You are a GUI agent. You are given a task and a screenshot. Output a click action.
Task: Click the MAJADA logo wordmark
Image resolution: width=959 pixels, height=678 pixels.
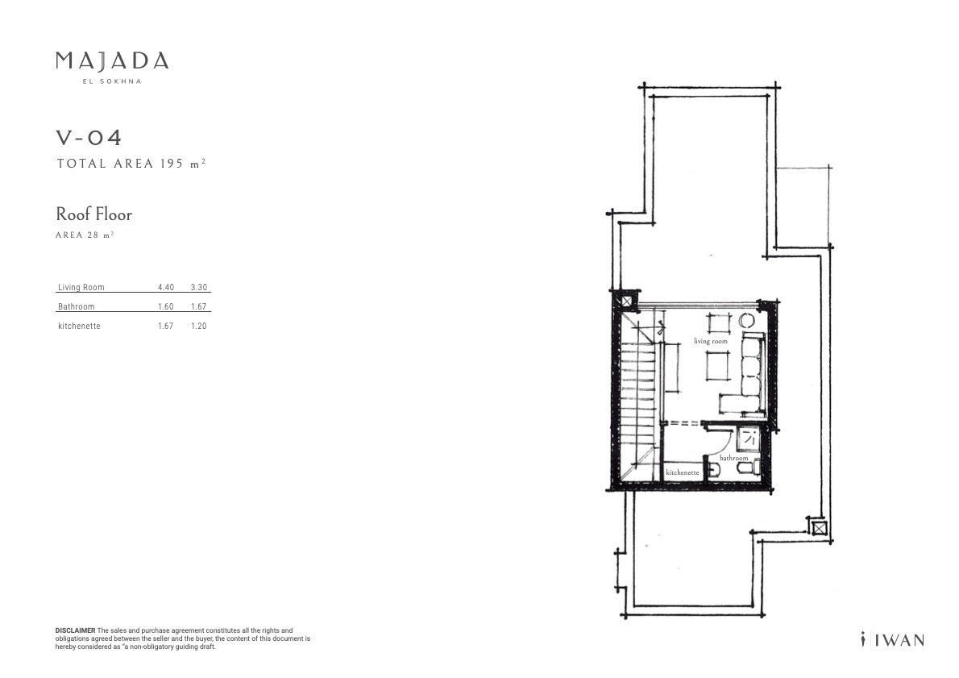click(x=112, y=60)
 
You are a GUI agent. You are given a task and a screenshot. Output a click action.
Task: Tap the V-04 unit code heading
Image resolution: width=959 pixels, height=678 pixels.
click(x=89, y=137)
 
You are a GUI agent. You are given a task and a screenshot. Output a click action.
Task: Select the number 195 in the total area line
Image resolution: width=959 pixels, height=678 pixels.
click(x=172, y=164)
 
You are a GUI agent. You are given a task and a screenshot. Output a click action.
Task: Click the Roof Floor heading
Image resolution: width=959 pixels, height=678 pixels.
click(x=94, y=214)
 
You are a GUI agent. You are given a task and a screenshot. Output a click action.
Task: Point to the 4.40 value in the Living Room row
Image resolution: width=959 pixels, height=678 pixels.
click(x=166, y=287)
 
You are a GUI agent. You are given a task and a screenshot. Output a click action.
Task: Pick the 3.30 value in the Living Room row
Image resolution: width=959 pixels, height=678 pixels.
click(x=199, y=287)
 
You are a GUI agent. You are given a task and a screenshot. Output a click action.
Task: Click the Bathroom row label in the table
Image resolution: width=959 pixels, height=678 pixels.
click(x=77, y=306)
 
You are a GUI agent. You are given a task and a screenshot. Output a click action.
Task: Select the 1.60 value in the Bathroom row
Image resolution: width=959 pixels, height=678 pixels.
click(x=166, y=306)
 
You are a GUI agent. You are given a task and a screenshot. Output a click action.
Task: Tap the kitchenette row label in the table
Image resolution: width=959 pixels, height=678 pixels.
click(x=79, y=327)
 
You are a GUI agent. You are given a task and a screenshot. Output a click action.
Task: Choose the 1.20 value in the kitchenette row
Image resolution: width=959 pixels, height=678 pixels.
click(x=199, y=327)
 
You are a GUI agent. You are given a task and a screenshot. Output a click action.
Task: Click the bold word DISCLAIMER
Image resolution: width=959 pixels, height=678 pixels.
click(x=75, y=630)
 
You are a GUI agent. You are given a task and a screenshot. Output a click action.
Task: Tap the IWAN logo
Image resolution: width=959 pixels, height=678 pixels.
click(x=892, y=640)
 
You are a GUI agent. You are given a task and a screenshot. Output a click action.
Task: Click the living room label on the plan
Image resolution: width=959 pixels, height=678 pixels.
click(x=711, y=341)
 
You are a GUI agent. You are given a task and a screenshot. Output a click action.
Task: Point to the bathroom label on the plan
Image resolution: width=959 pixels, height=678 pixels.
click(x=734, y=458)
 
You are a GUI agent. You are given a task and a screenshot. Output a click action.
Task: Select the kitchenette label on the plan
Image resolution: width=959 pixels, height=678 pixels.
click(x=683, y=472)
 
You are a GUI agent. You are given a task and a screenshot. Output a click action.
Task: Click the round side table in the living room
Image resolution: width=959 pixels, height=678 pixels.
click(x=747, y=320)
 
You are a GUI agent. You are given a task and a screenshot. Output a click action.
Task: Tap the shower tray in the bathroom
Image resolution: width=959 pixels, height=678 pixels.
click(x=749, y=438)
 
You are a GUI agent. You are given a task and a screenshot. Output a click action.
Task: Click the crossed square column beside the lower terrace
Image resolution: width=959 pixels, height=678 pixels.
click(x=818, y=526)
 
